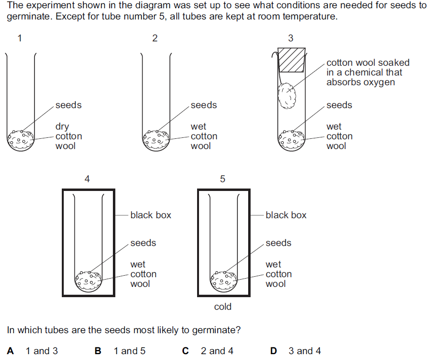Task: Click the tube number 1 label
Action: click(x=19, y=38)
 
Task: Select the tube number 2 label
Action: click(x=155, y=38)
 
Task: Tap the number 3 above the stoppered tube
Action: click(x=291, y=38)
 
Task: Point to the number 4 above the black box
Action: click(x=87, y=179)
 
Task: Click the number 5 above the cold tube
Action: click(x=222, y=179)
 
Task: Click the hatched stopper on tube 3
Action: click(x=291, y=60)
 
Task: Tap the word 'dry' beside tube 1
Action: click(x=62, y=127)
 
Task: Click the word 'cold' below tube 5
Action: click(x=223, y=307)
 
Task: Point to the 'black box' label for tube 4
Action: click(x=151, y=215)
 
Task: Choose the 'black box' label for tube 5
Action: click(x=286, y=215)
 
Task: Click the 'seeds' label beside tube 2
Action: click(x=204, y=105)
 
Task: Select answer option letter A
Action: click(x=11, y=351)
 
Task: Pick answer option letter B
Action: click(x=98, y=351)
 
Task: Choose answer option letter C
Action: click(x=185, y=351)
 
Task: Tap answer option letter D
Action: click(x=273, y=351)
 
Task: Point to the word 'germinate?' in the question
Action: click(x=218, y=330)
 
